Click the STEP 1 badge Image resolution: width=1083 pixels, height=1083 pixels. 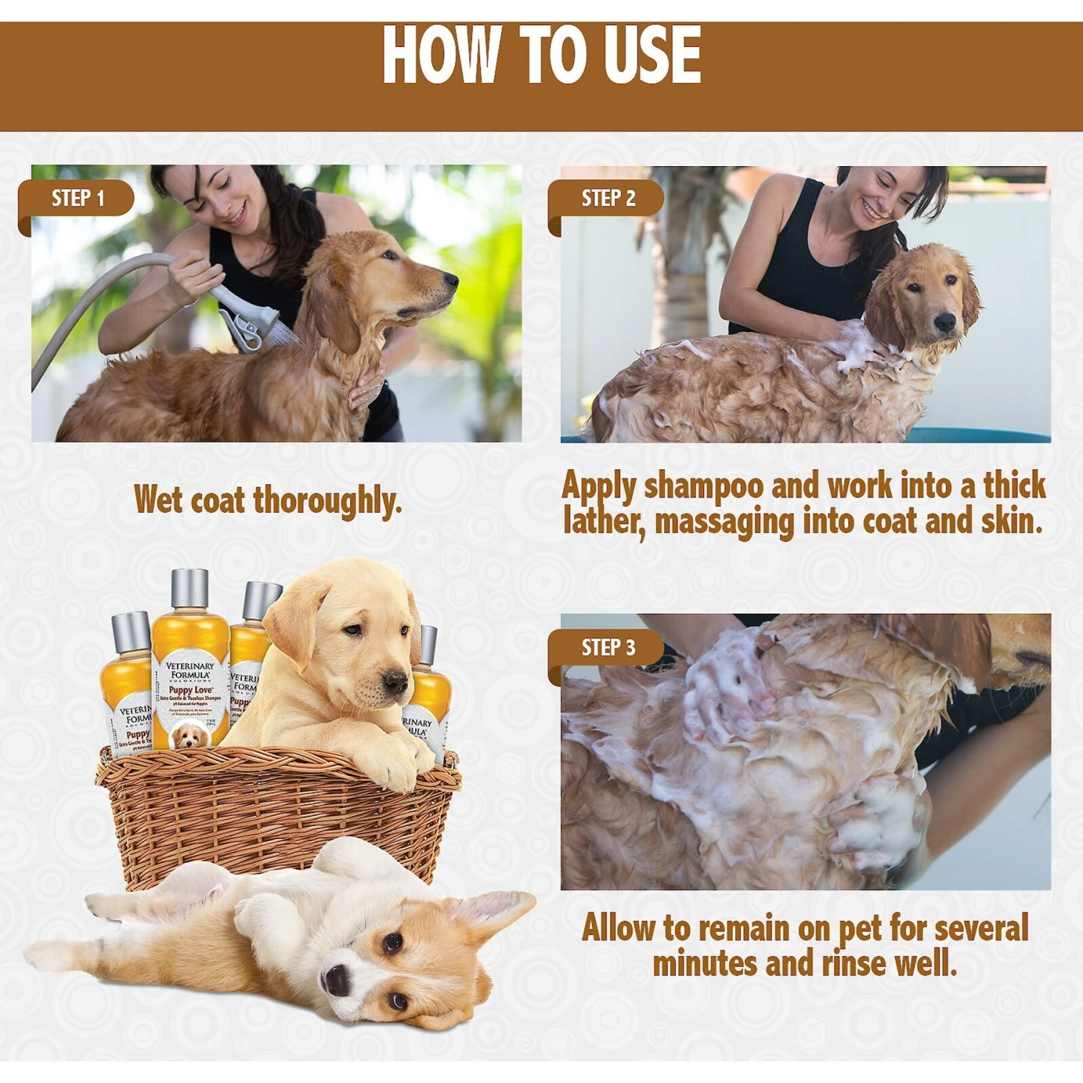pos(77,199)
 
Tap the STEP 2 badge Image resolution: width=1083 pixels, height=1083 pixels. pos(608,199)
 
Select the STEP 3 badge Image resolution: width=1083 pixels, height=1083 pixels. pos(608,648)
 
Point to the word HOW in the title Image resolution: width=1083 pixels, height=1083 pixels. pos(440,56)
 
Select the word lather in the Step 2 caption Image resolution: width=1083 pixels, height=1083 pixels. pos(604,521)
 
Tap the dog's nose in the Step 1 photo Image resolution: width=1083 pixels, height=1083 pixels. pos(451,279)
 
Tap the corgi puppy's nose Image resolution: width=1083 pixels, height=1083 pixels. pos(336,980)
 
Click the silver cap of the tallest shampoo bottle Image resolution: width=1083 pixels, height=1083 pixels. pos(189,588)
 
